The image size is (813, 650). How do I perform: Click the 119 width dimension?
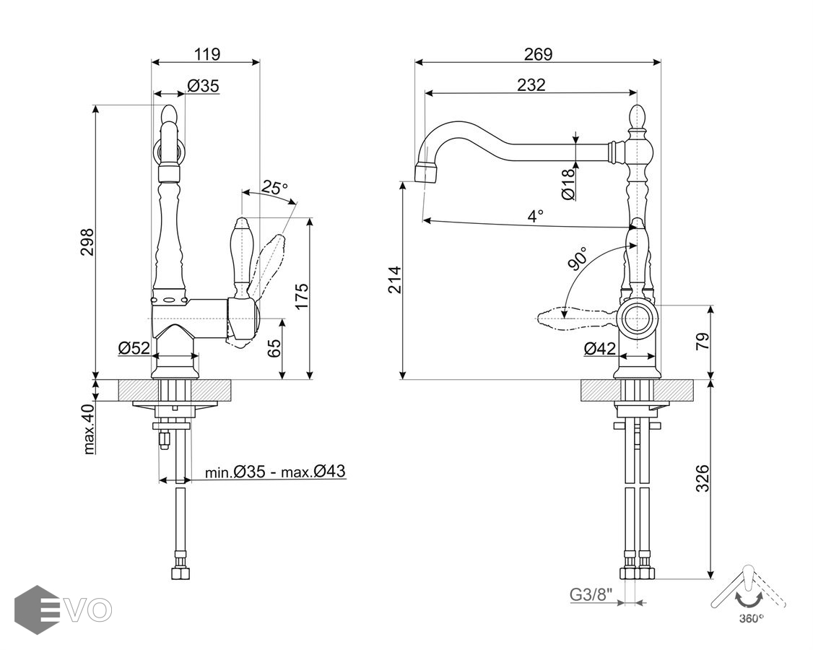point(206,53)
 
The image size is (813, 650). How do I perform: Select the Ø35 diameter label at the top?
point(203,86)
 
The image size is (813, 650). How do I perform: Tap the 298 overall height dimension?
point(87,246)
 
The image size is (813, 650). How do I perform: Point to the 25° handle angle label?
point(274,188)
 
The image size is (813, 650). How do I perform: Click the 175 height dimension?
point(301,297)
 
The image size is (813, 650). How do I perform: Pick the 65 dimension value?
point(274,348)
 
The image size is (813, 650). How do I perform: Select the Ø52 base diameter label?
point(134,348)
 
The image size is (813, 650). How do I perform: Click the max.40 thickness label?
point(88,429)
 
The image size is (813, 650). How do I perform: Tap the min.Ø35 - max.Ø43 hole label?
point(274,472)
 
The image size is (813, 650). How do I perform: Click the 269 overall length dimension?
point(538,53)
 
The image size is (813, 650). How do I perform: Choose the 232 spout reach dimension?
point(531,84)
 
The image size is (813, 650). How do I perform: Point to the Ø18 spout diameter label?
point(568,183)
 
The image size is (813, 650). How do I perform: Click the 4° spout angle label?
point(534,216)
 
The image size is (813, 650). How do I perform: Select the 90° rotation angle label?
point(577,258)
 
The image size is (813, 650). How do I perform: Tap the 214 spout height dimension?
point(394,280)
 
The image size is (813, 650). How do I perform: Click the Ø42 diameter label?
point(600,349)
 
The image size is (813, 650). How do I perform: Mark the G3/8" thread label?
point(591,595)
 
